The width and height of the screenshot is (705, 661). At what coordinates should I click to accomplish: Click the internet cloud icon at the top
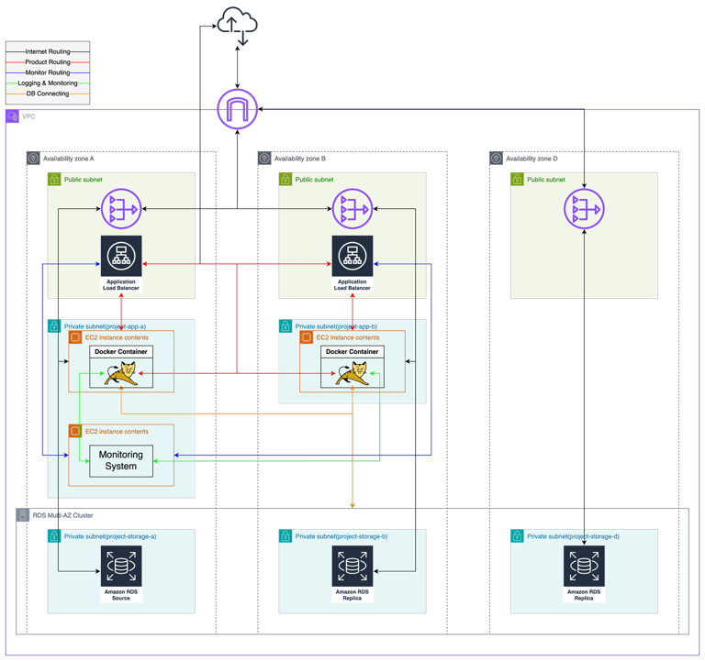pyautogui.click(x=238, y=25)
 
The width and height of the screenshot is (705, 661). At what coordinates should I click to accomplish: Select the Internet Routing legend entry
pyautogui.click(x=49, y=51)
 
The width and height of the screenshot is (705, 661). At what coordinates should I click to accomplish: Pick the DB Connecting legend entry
pyautogui.click(x=49, y=94)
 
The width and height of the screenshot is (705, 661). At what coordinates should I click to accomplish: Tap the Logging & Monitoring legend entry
pyautogui.click(x=49, y=83)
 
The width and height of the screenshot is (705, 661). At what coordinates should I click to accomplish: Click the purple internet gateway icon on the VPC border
pyautogui.click(x=238, y=109)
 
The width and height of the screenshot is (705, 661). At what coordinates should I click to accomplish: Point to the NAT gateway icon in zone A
pyautogui.click(x=121, y=210)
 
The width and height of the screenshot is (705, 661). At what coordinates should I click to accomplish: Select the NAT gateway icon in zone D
pyautogui.click(x=584, y=210)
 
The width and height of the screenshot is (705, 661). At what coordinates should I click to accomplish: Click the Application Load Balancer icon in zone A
pyautogui.click(x=121, y=256)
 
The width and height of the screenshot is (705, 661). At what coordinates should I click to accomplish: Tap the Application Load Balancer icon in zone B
pyautogui.click(x=352, y=256)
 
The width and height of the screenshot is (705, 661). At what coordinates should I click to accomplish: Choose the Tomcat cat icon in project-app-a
pyautogui.click(x=121, y=374)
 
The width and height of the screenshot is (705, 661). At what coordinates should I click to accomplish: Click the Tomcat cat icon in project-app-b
pyautogui.click(x=352, y=374)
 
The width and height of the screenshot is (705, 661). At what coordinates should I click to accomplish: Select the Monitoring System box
pyautogui.click(x=120, y=460)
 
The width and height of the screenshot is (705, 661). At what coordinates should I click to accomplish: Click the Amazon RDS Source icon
pyautogui.click(x=121, y=567)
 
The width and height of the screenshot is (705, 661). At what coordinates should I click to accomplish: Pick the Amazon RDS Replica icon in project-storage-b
pyautogui.click(x=352, y=567)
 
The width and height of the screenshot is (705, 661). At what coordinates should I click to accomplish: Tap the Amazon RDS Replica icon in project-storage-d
pyautogui.click(x=584, y=567)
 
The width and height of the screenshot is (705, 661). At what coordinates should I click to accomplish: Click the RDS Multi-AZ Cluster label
pyautogui.click(x=62, y=515)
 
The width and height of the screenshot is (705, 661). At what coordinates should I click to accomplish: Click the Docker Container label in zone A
pyautogui.click(x=120, y=352)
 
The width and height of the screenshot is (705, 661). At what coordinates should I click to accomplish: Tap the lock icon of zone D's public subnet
pyautogui.click(x=517, y=180)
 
